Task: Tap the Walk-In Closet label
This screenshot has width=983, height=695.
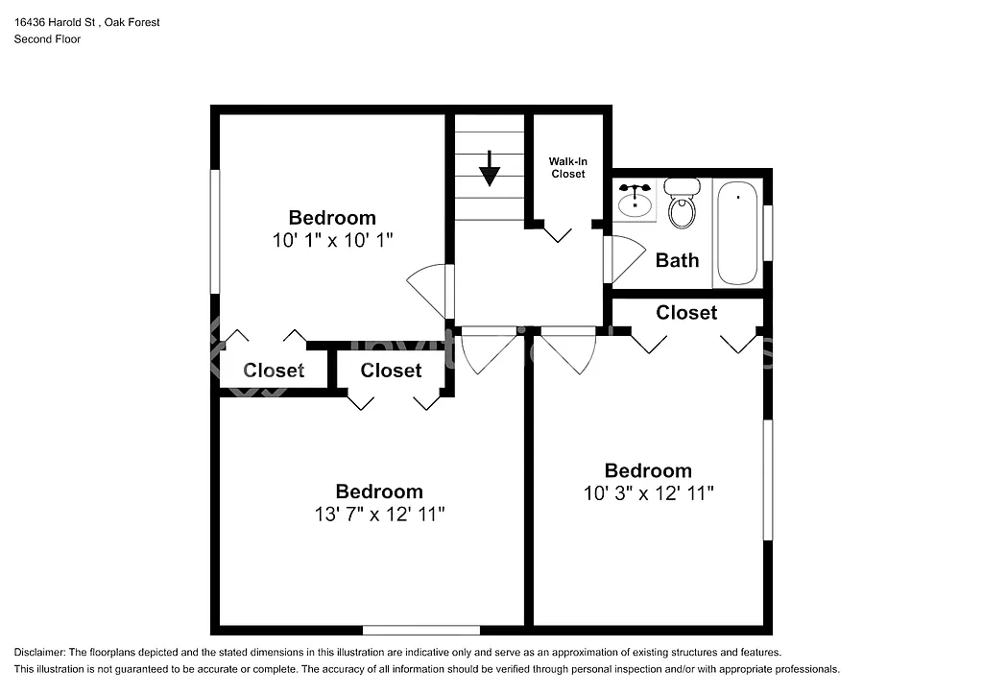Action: (x=567, y=167)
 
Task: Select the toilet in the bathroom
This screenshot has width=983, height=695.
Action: (x=683, y=204)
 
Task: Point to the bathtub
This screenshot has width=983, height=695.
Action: (x=737, y=233)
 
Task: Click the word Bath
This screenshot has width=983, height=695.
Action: (x=677, y=260)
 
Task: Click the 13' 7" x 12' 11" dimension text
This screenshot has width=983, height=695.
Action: (x=378, y=515)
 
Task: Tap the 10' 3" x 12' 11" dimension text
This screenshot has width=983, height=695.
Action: (x=648, y=493)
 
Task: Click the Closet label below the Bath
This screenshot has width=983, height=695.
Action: (x=686, y=313)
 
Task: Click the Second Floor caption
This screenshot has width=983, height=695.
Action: (x=47, y=39)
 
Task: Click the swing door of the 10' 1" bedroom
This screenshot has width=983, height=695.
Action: (x=430, y=288)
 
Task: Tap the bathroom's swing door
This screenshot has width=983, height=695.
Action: (x=624, y=257)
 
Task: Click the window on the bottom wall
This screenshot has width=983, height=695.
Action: (x=421, y=630)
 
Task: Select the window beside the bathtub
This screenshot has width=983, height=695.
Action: (x=768, y=232)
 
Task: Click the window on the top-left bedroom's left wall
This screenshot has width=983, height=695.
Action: (x=215, y=230)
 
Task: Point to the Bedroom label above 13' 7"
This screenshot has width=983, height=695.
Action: (x=378, y=491)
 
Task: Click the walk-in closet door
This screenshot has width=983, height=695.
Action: (x=557, y=232)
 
